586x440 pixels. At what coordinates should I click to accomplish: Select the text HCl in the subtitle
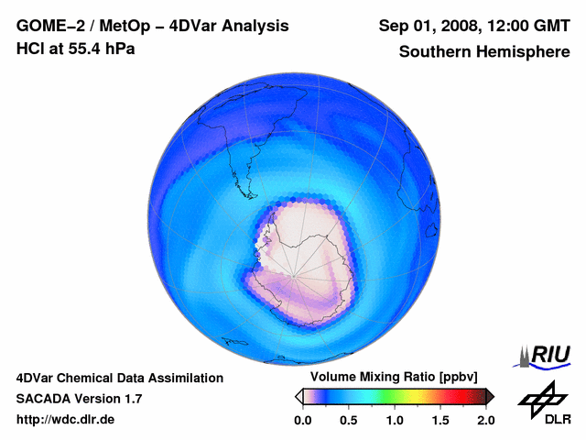(30, 49)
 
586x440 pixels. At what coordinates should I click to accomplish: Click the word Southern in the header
(434, 52)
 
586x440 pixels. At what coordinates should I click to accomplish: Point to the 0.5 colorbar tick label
(348, 420)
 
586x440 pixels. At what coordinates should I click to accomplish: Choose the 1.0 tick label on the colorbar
(395, 420)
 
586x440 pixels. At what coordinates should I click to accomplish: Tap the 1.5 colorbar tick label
(440, 420)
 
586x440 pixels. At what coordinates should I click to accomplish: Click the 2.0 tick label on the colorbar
(486, 420)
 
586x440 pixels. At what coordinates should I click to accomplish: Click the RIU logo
(548, 355)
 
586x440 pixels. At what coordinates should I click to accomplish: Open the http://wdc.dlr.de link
(66, 420)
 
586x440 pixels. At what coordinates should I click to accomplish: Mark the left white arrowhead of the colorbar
(298, 396)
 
